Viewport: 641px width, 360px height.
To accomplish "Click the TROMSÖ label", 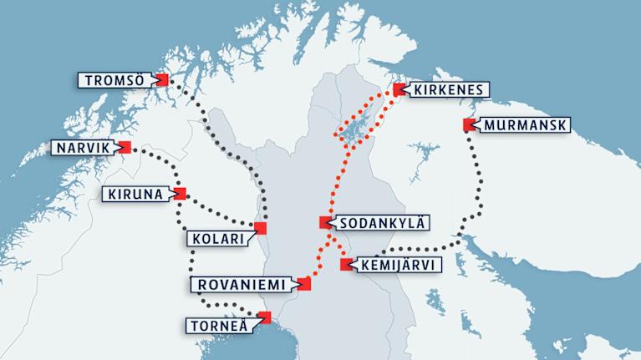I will click(115, 80).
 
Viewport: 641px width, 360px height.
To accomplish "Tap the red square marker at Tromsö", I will click(162, 79).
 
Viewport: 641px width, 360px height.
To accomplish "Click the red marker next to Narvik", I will click(125, 148).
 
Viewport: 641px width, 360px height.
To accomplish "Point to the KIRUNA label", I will click(135, 194).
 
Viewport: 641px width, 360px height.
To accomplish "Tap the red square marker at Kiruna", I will click(180, 194).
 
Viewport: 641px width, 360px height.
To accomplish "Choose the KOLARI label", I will click(219, 239).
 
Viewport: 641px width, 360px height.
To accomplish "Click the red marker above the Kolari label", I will click(260, 228).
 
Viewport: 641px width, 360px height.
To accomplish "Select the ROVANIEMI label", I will click(241, 284).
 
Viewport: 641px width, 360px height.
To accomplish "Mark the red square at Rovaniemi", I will click(304, 284).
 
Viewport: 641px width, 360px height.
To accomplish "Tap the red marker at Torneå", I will click(266, 317).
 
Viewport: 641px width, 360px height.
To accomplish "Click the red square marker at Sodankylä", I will click(325, 223).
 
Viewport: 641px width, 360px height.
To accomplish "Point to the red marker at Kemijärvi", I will click(347, 265).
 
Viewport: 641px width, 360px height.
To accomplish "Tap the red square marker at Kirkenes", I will click(398, 89).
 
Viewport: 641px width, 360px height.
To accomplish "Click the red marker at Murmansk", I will click(468, 125).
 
